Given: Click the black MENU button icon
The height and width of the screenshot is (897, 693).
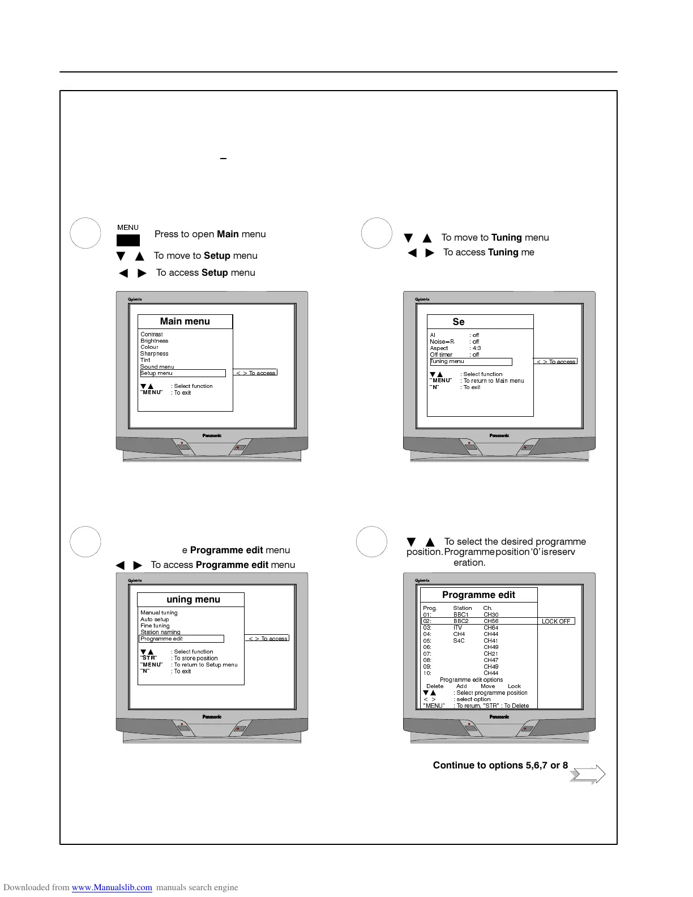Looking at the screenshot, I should [128, 241].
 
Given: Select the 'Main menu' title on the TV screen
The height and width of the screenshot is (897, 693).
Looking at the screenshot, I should [185, 322].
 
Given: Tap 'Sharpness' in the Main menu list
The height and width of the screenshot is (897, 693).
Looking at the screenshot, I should [154, 354].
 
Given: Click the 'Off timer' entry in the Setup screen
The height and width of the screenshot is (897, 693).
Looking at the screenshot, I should [441, 355].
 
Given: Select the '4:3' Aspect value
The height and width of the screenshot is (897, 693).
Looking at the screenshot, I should [476, 348].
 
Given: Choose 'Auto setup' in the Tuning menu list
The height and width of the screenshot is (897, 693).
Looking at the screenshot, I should [155, 620].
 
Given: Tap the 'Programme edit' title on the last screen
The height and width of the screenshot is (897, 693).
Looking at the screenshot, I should [478, 595].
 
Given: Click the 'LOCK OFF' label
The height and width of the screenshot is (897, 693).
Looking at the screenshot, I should [556, 621].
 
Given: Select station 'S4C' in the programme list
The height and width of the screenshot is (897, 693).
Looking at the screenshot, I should [459, 641].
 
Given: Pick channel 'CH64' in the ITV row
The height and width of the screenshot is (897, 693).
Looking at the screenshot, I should [491, 628].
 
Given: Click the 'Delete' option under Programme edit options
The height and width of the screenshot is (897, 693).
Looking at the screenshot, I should [435, 686].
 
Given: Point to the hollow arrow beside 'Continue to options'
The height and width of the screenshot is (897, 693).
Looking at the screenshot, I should [588, 775].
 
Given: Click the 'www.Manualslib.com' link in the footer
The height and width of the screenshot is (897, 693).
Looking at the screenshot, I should [112, 888].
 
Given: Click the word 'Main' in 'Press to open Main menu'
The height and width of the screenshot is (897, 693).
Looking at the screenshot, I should [228, 234].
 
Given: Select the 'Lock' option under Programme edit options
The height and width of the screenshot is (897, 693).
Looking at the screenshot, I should [514, 686].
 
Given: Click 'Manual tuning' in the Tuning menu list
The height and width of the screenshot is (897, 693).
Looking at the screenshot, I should [159, 613].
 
